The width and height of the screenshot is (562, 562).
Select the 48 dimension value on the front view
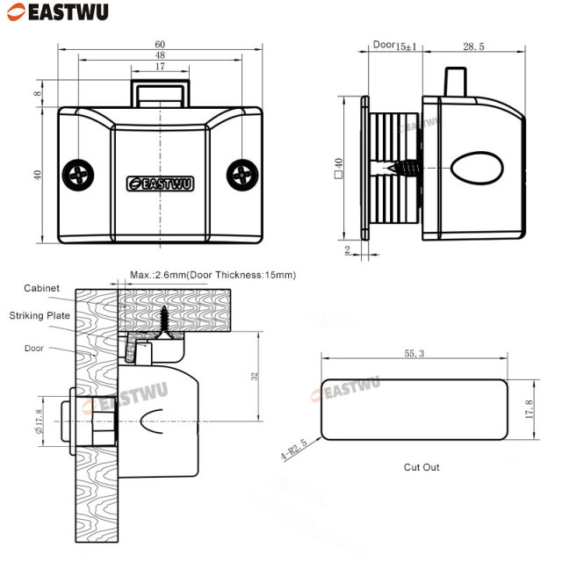coord(159,54)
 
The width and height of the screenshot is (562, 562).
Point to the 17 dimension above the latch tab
coord(159,67)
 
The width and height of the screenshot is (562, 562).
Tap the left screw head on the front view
coord(77,174)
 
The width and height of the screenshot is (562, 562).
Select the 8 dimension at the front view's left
coord(38,94)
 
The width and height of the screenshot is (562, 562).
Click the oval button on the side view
coord(477,167)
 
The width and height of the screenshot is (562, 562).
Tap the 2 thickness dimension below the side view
coord(347,249)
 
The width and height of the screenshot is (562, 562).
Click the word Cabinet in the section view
coord(41,288)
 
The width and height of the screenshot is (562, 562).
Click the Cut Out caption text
coord(421,467)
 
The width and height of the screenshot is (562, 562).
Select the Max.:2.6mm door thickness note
coord(213,275)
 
